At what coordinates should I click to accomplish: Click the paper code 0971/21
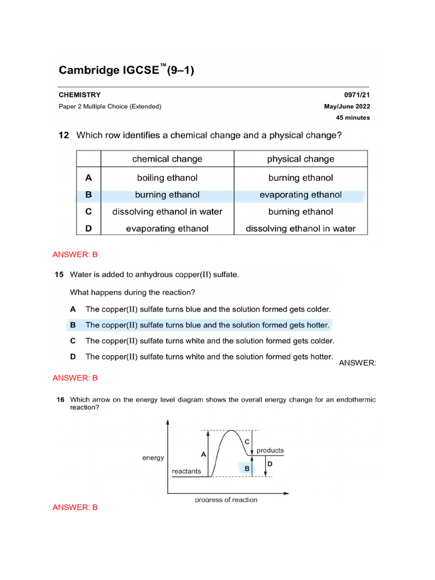pos(357,95)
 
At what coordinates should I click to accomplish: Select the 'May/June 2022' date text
pos(347,106)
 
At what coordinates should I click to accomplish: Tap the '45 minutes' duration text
pos(353,118)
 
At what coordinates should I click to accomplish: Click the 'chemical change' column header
pos(167,159)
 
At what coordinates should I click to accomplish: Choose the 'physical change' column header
pos(301,159)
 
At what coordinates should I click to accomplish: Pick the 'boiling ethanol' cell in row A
pos(167,178)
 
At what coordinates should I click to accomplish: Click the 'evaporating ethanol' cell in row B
pos(301,195)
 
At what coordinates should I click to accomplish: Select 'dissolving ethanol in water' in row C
pos(167,212)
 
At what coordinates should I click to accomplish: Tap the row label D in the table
pos(88,229)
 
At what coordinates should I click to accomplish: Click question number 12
pos(63,135)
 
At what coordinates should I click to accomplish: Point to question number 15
pos(59,275)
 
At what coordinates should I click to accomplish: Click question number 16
pos(59,400)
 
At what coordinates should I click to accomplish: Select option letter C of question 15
pos(72,341)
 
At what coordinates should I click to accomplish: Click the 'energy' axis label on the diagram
pos(153,458)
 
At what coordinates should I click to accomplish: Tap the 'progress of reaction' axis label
pos(226,500)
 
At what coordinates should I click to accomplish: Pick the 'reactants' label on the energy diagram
pos(186,471)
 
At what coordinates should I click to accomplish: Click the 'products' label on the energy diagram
pos(270,451)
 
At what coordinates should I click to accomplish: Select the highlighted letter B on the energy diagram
pos(247,469)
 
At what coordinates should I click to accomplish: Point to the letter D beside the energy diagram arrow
pos(270,464)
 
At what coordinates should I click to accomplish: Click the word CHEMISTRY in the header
pos(80,95)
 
